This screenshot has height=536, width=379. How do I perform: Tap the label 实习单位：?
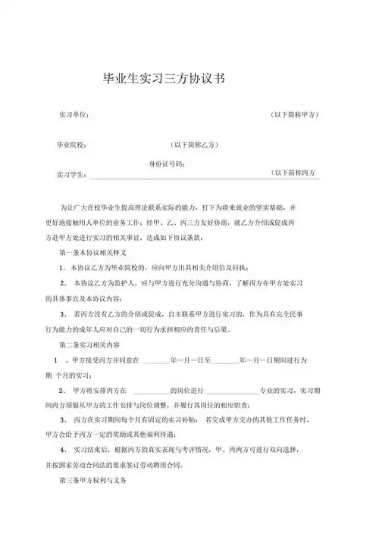pos(74,114)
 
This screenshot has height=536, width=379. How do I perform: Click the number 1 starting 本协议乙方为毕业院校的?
pos(61,269)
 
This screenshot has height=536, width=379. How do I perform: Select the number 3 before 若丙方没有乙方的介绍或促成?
pos(61,314)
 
